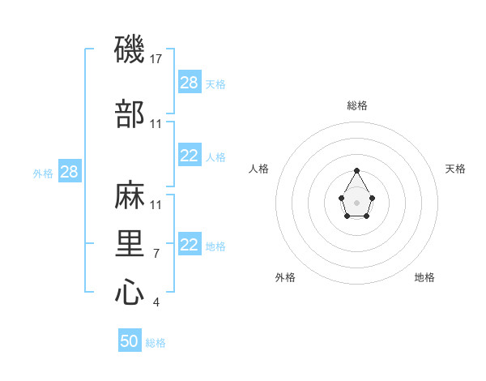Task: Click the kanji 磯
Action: [130, 50]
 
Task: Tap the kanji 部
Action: [130, 113]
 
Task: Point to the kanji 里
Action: [130, 243]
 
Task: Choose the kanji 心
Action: [130, 292]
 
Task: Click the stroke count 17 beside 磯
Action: [157, 59]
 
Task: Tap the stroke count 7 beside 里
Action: [156, 254]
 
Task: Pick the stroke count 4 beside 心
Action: [156, 302]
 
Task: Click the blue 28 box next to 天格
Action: [190, 82]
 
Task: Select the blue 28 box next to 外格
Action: [69, 172]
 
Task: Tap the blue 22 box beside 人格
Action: [190, 156]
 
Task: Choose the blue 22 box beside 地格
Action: [190, 245]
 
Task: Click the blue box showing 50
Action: [130, 341]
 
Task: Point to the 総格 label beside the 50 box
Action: [156, 343]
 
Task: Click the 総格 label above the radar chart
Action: [357, 105]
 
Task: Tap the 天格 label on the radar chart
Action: [455, 169]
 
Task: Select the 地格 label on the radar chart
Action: [424, 277]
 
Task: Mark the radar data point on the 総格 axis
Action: [357, 170]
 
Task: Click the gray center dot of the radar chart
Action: [357, 201]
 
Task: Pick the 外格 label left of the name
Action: [43, 173]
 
